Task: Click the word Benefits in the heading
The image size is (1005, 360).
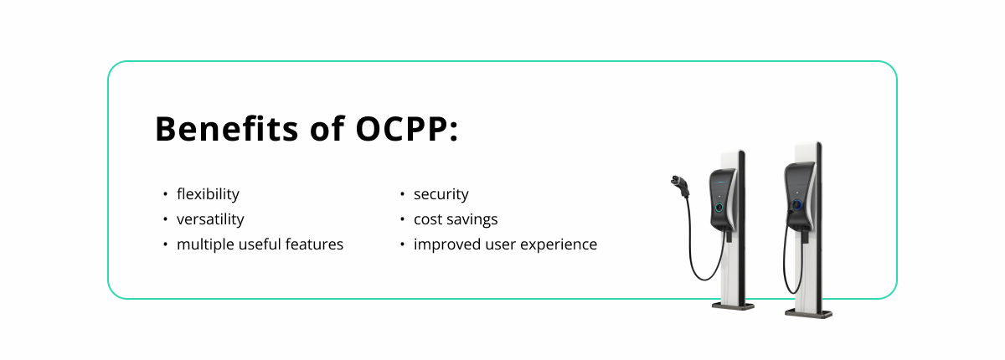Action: (227, 129)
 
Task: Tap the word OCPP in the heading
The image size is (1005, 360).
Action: (401, 129)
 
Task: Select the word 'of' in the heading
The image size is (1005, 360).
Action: (327, 129)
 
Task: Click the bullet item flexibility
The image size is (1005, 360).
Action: (208, 194)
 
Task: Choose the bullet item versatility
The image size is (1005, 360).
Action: (210, 219)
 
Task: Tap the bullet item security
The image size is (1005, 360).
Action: (441, 194)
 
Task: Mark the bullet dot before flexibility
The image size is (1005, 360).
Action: (166, 194)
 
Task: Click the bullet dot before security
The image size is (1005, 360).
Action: (403, 194)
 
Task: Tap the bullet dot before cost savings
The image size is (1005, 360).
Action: (403, 219)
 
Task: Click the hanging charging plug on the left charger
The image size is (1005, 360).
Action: (680, 185)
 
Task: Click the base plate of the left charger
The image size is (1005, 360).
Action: (733, 306)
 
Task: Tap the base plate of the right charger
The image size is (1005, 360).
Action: (808, 314)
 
